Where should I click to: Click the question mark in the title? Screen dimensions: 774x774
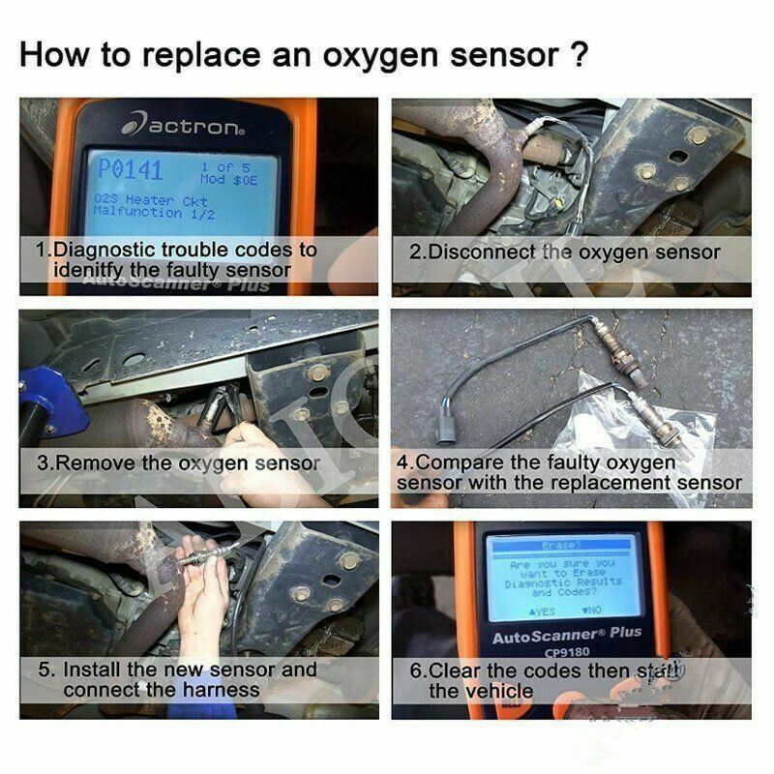(577, 54)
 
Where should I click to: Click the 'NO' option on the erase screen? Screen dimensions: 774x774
(590, 610)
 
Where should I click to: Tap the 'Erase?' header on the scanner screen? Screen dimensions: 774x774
(562, 545)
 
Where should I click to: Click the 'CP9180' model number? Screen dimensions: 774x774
(566, 652)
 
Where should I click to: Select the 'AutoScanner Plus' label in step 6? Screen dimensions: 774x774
(566, 636)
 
